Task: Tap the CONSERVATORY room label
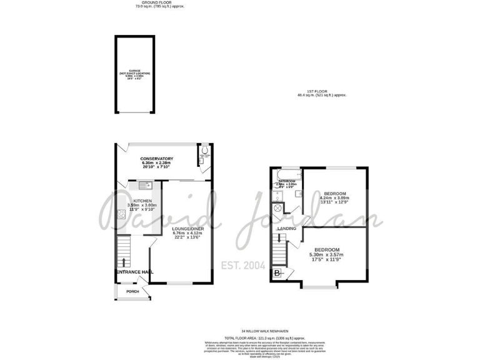157,159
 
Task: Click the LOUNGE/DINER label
185,229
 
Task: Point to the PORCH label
132,291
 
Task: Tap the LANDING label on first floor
286,229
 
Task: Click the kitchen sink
143,185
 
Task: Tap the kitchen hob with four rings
121,216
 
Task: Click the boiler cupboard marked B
277,272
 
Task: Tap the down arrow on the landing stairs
279,237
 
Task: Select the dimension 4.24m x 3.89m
335,197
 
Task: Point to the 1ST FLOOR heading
322,92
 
